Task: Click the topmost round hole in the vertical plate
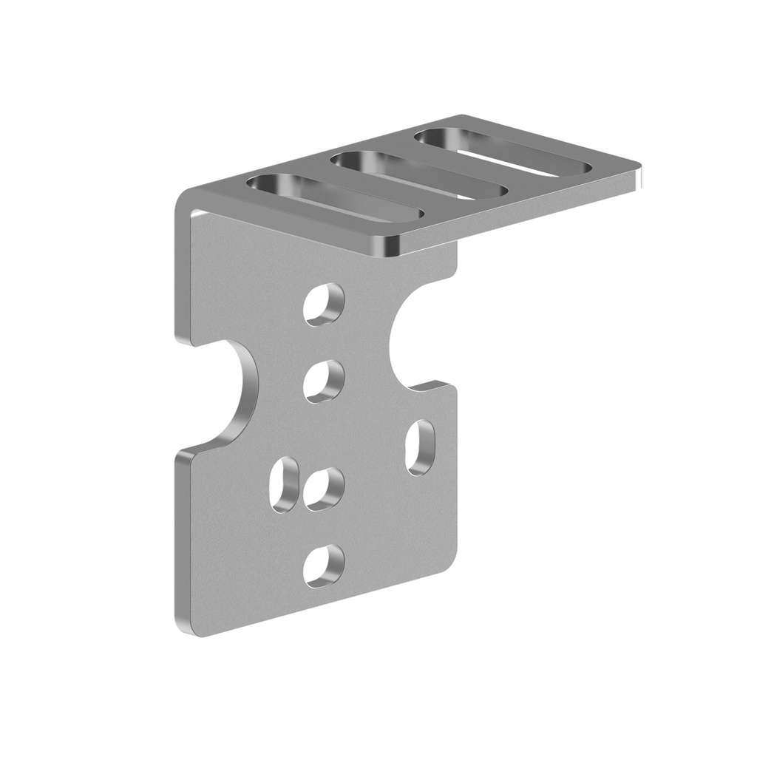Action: click(x=324, y=304)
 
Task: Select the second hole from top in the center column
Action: click(x=324, y=381)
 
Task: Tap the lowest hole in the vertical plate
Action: click(x=325, y=566)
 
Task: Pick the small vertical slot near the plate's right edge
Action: click(x=421, y=447)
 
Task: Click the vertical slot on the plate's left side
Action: click(x=285, y=485)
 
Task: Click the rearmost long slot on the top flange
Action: click(x=503, y=152)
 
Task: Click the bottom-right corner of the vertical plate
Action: click(x=452, y=562)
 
